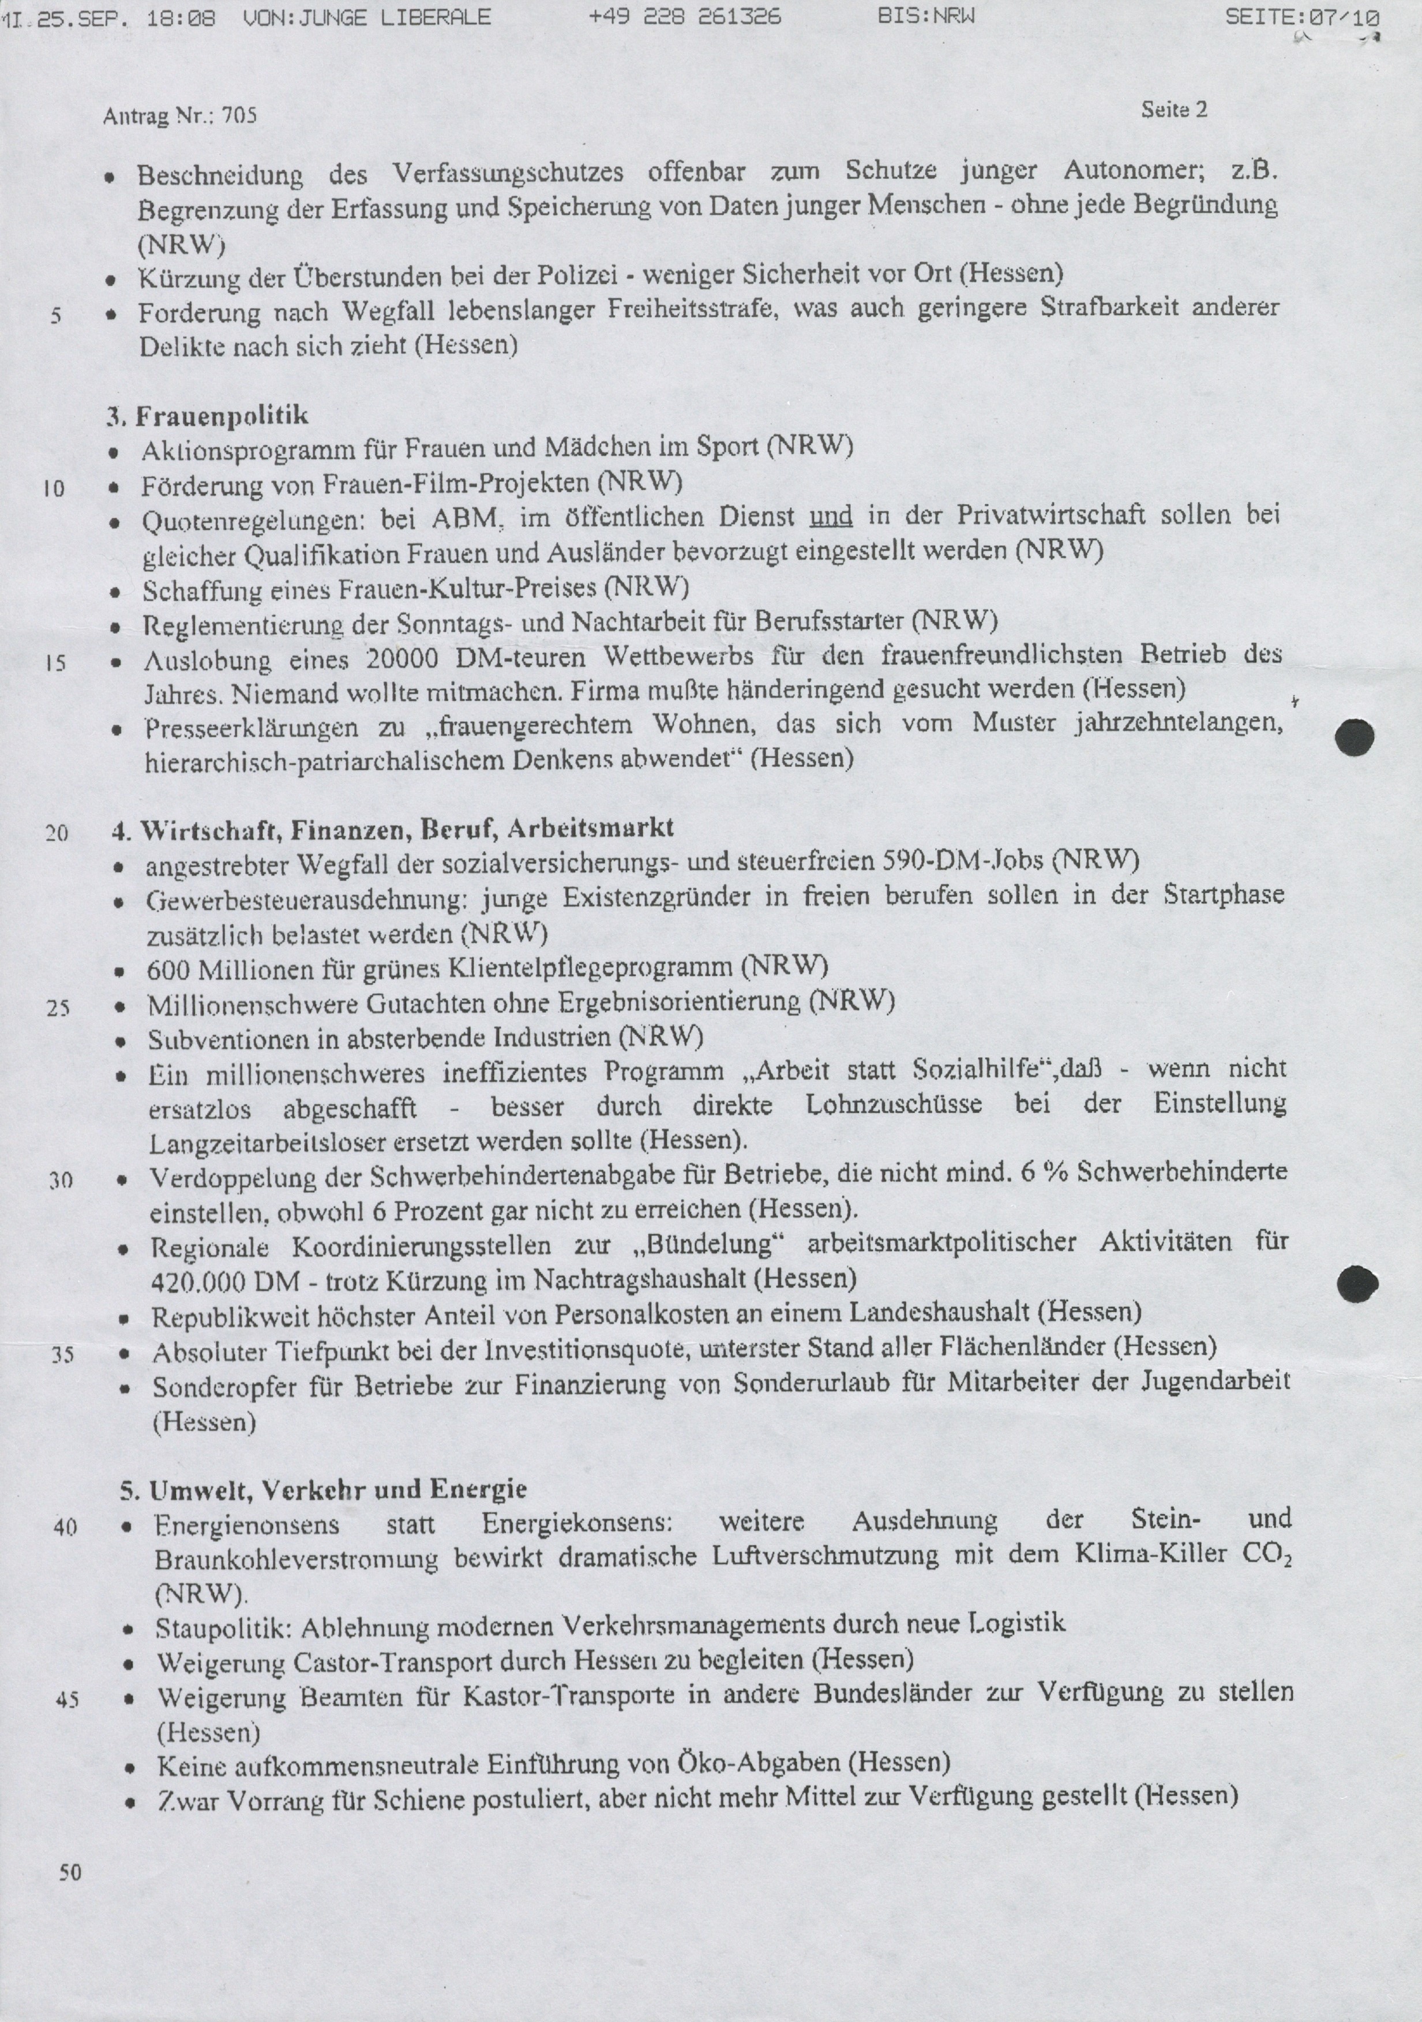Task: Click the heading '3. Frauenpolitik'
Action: pyautogui.click(x=207, y=415)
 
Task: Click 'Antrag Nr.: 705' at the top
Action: pyautogui.click(x=179, y=115)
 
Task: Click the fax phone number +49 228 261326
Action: pyautogui.click(x=685, y=17)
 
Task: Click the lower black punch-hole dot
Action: pyautogui.click(x=1357, y=1285)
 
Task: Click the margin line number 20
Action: pyautogui.click(x=57, y=832)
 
